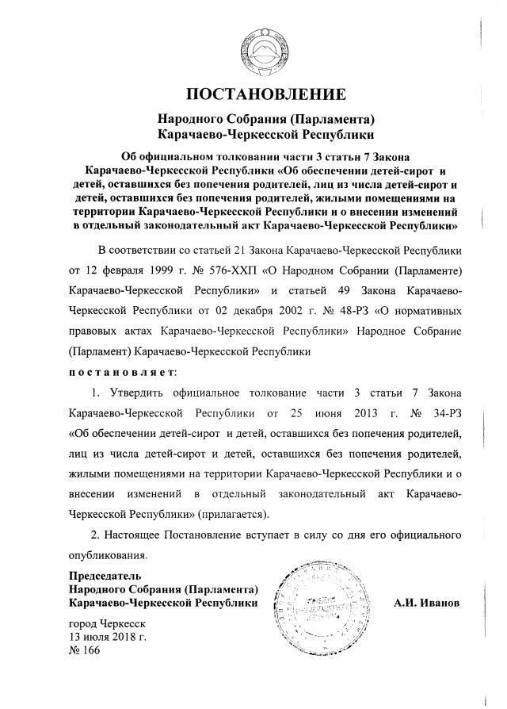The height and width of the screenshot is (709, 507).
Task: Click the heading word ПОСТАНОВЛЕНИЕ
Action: click(x=265, y=96)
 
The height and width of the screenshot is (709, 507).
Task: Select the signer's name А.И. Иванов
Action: click(x=427, y=604)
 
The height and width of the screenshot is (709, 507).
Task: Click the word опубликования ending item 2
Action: click(x=108, y=554)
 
